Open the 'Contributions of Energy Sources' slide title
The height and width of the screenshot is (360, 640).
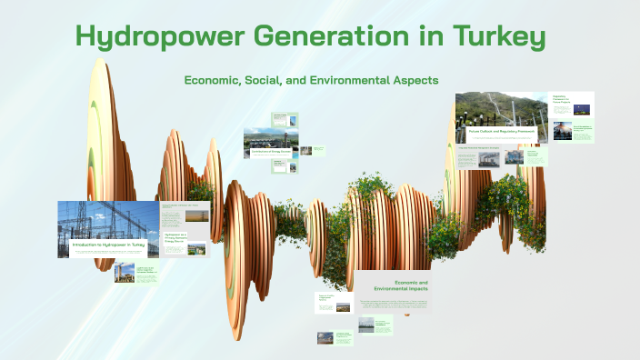tap(269, 153)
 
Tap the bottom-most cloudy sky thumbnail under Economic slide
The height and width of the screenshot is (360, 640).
tap(325, 337)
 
